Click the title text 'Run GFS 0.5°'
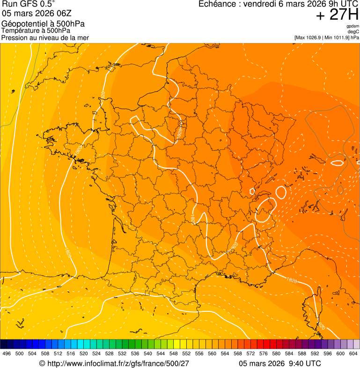pyautogui.click(x=29, y=5)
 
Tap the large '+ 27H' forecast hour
pyautogui.click(x=337, y=15)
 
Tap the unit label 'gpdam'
pyautogui.click(x=353, y=26)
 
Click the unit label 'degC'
pyautogui.click(x=353, y=32)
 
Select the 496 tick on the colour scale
pyautogui.click(x=7, y=353)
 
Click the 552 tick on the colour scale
pyautogui.click(x=186, y=353)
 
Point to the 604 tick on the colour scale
pyautogui.click(x=353, y=353)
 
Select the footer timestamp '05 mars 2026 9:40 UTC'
pyautogui.click(x=279, y=363)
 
